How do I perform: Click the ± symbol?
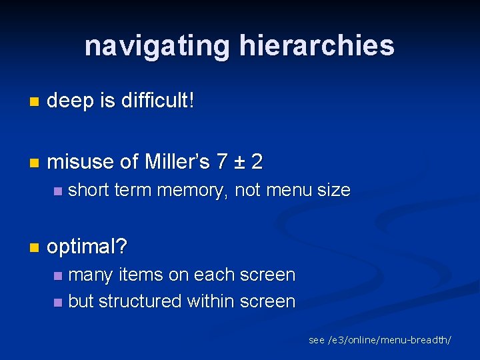point(239,162)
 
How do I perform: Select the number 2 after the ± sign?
point(257,161)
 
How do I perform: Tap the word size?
point(333,190)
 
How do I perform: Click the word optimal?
point(87,247)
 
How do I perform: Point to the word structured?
point(139,301)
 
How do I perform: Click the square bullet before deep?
point(35,102)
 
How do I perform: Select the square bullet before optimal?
point(35,248)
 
